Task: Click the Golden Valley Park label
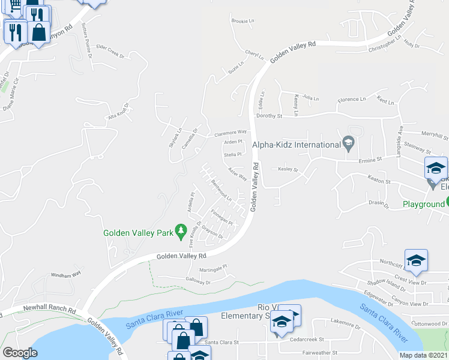tap(137, 233)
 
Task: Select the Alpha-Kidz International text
tap(297, 145)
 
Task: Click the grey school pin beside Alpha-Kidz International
tap(348, 143)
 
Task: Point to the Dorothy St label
tap(268, 115)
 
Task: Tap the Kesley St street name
tap(288, 170)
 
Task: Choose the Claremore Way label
tap(231, 132)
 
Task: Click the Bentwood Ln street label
tap(221, 191)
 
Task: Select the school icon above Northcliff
tap(416, 261)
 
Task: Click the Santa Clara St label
tap(221, 343)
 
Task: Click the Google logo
tap(20, 353)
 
